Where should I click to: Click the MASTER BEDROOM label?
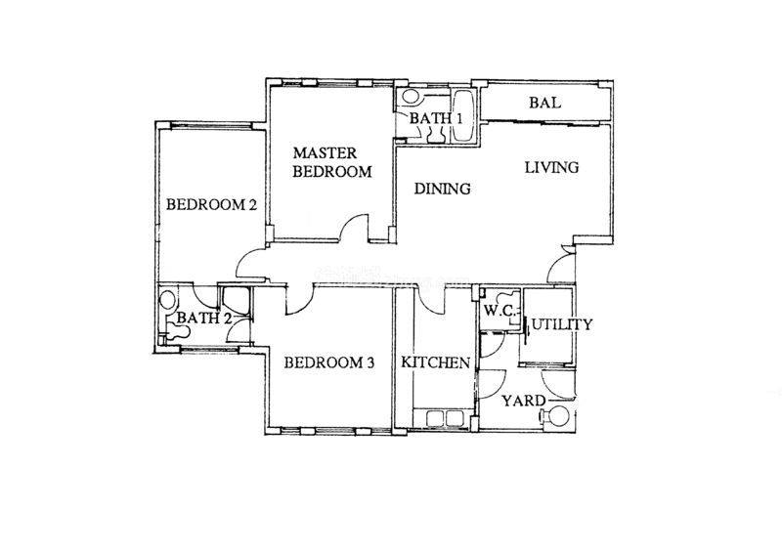pos(332,162)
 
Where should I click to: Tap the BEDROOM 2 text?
pos(211,204)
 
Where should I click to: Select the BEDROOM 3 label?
pos(329,362)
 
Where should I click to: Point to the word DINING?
pos(443,189)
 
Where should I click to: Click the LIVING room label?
pos(551,167)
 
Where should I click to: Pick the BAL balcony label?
pos(545,103)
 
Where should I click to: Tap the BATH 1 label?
pos(436,118)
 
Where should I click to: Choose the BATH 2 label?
pos(204,318)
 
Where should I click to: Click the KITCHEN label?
pos(435,362)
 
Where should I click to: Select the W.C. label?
pos(500,311)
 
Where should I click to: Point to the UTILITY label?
pos(561,324)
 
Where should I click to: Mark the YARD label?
pos(524,401)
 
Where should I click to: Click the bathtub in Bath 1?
pos(464,116)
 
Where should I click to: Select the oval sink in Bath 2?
pos(167,300)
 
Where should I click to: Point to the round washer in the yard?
pos(558,416)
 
